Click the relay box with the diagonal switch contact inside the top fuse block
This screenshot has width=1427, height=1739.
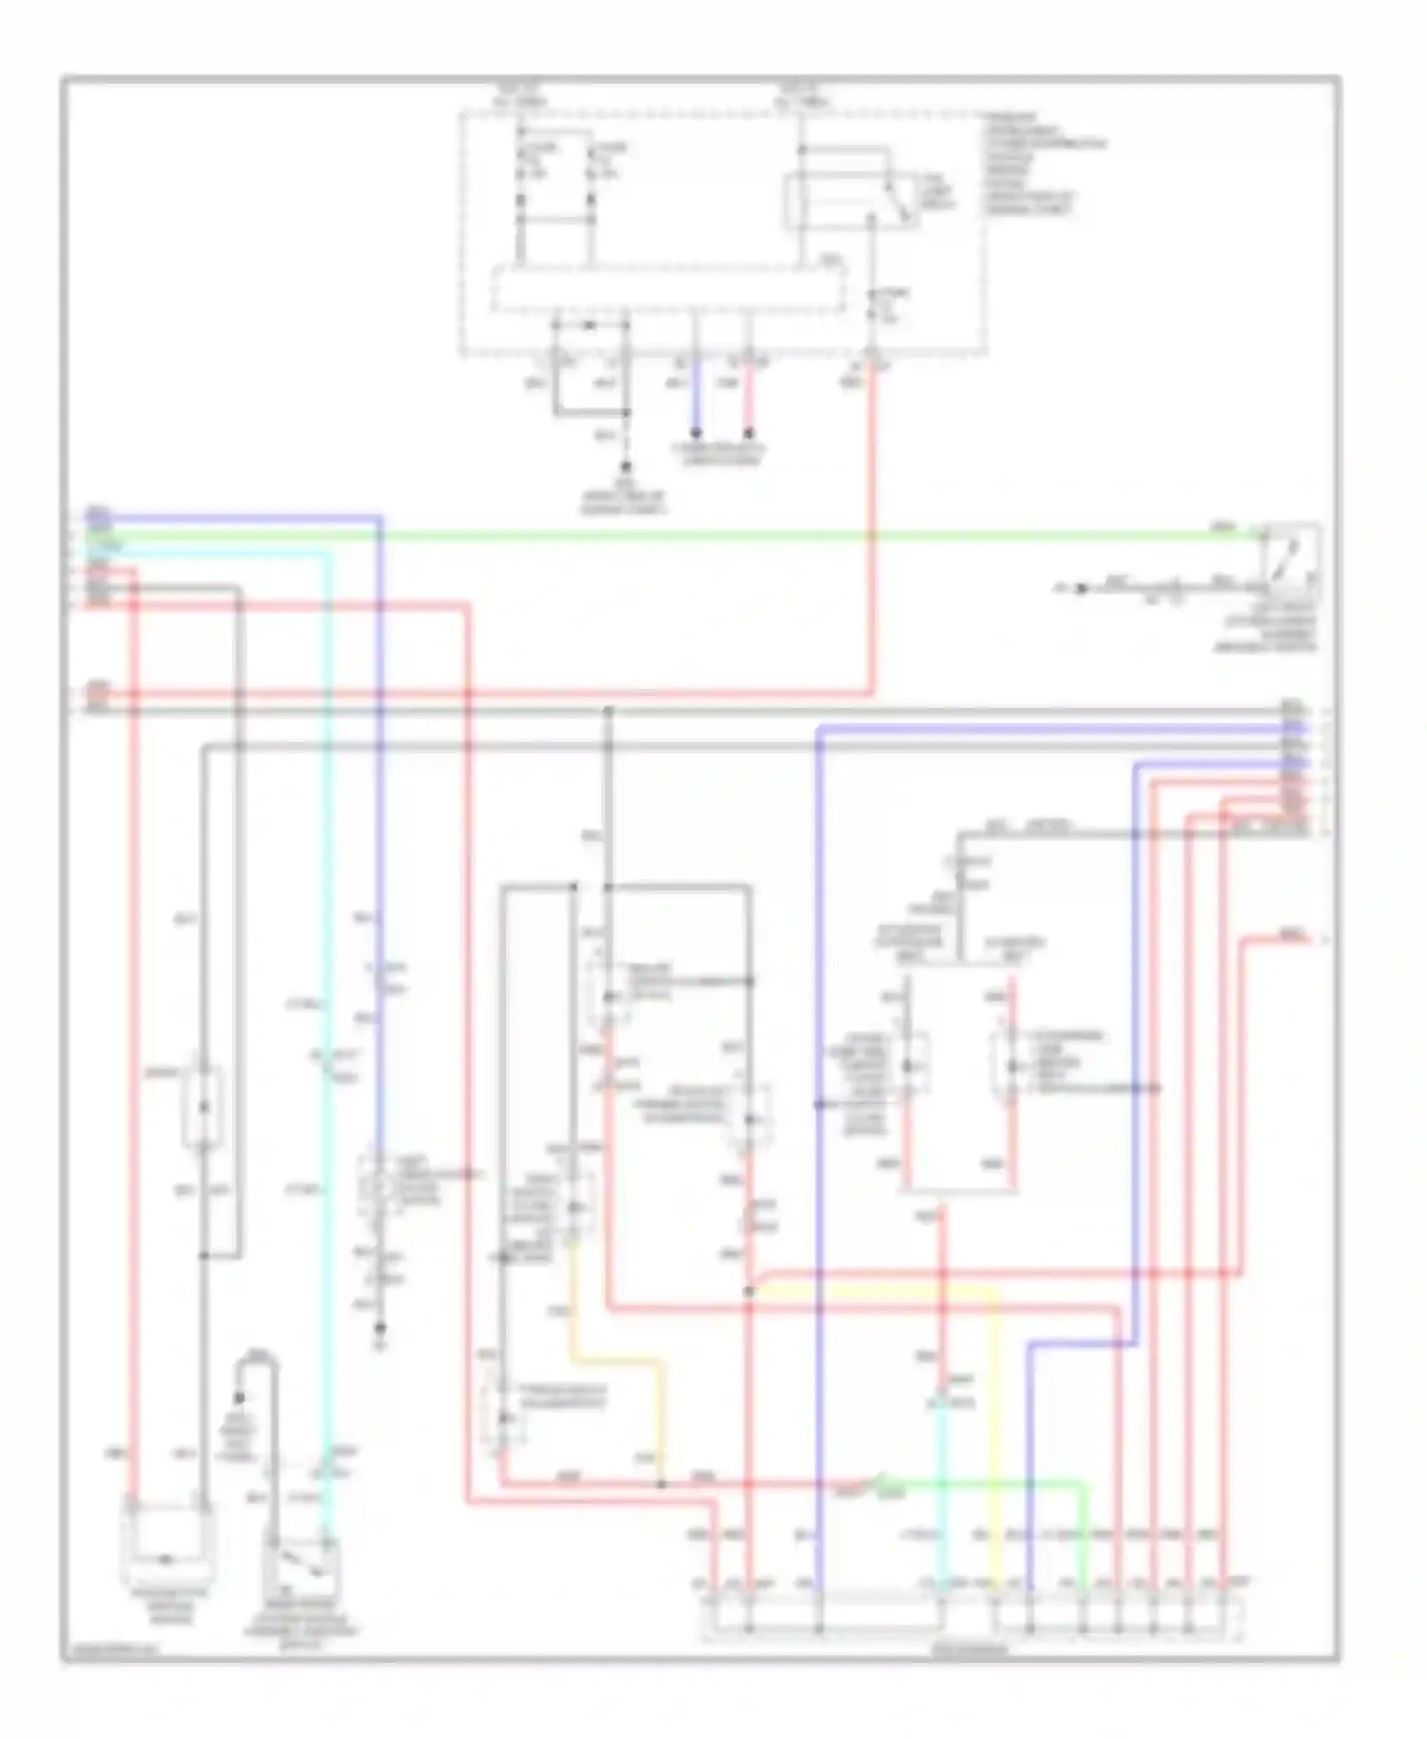(x=849, y=201)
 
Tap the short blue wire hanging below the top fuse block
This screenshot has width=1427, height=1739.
(x=695, y=400)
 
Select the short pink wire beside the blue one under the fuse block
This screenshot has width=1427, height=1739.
(x=749, y=400)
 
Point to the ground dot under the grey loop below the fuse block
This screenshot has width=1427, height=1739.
(x=626, y=467)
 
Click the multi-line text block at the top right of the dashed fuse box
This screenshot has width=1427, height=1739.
(x=1042, y=163)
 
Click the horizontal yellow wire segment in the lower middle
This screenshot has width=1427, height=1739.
(x=875, y=1290)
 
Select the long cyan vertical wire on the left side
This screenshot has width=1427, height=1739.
(x=326, y=951)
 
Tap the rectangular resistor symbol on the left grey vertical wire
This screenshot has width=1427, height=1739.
(x=203, y=1108)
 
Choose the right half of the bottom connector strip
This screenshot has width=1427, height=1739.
(x=1117, y=1618)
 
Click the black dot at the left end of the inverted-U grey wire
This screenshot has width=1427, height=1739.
(x=239, y=1397)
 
